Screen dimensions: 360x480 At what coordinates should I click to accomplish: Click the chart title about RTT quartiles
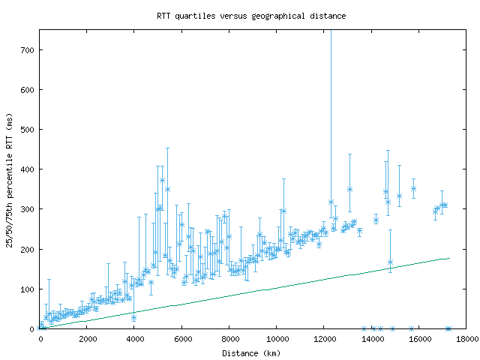250,15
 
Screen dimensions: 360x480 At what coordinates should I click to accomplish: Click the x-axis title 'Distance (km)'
250,353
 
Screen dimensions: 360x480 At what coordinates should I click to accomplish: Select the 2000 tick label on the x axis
88,340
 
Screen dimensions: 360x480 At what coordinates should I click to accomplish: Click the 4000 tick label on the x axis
135,340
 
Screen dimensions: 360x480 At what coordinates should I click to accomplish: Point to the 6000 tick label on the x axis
182,340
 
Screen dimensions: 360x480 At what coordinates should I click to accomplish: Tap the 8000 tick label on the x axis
229,340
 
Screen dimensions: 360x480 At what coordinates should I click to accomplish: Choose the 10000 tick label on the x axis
277,340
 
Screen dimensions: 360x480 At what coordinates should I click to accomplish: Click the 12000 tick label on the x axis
324,340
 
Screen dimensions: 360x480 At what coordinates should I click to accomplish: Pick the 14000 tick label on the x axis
371,340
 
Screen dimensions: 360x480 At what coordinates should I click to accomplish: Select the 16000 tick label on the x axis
418,340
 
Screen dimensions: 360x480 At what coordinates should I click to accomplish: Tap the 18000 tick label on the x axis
466,340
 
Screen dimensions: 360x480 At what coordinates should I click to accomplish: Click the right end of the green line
449,258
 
